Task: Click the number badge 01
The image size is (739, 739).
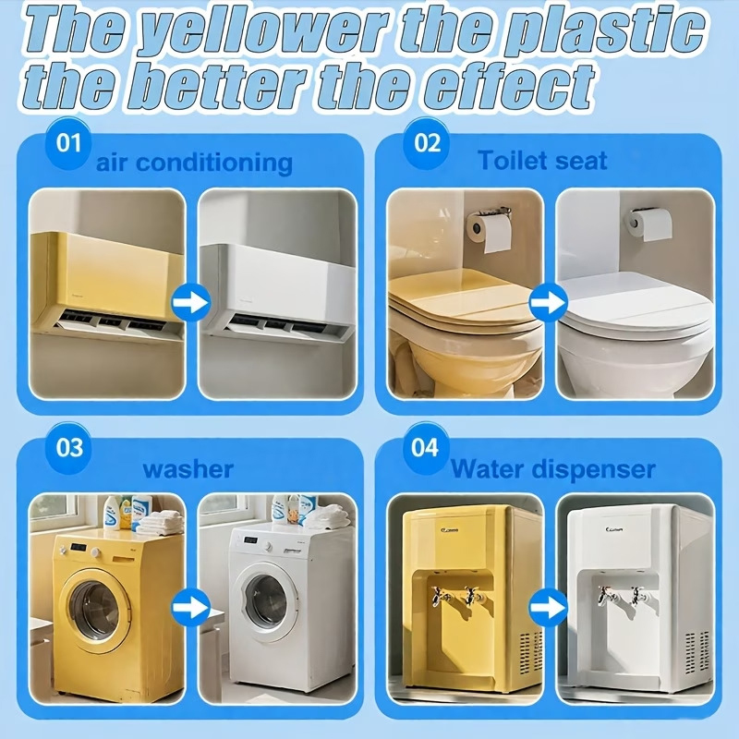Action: tap(68, 143)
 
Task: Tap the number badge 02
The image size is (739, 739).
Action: tap(427, 143)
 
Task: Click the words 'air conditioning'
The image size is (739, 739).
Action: tap(194, 163)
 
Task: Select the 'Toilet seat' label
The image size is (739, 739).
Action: tap(542, 161)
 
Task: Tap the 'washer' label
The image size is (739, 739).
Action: tap(188, 469)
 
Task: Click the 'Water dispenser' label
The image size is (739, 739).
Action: tap(553, 469)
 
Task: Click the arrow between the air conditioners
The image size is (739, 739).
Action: tap(191, 302)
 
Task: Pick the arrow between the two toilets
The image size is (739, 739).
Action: tap(549, 302)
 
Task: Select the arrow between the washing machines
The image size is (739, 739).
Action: tap(191, 607)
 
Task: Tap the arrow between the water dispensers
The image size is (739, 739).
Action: tap(549, 607)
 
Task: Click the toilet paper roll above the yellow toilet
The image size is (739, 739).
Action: tap(490, 233)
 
